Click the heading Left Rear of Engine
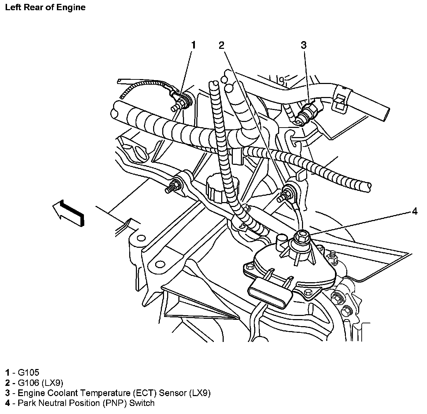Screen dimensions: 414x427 [x=45, y=7]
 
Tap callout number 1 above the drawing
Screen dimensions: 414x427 [x=193, y=45]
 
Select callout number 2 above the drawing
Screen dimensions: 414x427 [x=221, y=45]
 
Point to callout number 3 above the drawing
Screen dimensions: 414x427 [x=303, y=45]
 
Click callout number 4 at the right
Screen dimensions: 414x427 [x=414, y=211]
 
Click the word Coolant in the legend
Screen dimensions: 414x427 [x=60, y=393]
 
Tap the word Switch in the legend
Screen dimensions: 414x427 [x=142, y=403]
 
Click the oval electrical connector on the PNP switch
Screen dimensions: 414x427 [x=270, y=293]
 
